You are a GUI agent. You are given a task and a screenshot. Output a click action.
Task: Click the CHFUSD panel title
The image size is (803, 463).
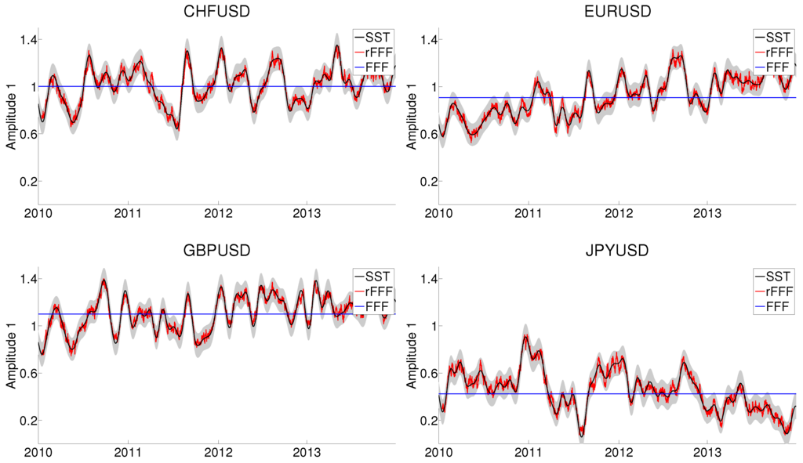pos(216,12)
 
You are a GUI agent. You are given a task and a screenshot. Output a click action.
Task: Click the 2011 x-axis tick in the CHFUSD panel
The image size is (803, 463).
pos(128,214)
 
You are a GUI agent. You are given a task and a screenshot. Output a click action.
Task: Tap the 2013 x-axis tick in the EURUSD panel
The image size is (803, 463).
pos(708,214)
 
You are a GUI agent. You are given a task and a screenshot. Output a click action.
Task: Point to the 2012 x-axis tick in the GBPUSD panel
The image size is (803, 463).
pos(218,453)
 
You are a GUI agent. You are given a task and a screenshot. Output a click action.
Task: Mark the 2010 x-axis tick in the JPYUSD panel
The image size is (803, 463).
pos(438,453)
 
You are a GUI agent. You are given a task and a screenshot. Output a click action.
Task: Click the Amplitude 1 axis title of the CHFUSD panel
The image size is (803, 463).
pos(11,111)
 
